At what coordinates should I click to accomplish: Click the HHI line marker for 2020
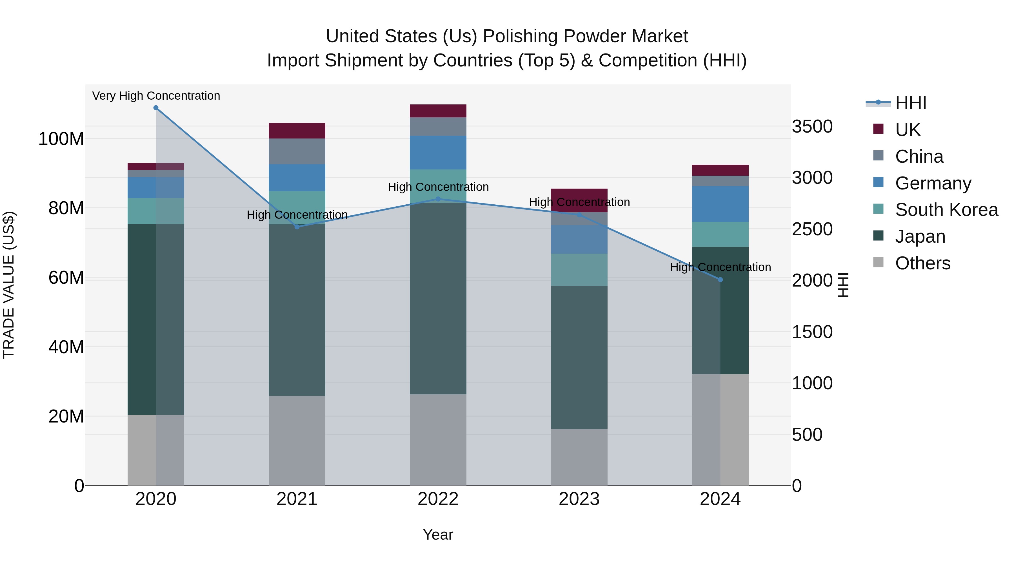156,108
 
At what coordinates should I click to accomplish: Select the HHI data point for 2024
720,280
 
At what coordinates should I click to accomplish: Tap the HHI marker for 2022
438,199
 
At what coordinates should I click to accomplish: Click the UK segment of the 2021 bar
297,131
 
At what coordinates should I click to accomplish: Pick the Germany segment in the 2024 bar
720,204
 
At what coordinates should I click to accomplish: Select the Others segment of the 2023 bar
579,457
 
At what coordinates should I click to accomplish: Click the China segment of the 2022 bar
438,127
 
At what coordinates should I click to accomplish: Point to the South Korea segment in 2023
579,270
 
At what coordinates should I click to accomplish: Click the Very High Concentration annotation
156,96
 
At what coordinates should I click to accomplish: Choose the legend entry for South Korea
946,210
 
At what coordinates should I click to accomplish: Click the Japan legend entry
920,236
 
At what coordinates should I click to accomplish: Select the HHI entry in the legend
910,103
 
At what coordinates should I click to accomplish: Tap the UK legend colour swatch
878,129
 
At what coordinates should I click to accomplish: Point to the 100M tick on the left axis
61,139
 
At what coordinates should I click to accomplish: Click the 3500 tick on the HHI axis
812,127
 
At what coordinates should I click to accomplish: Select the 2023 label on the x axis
579,499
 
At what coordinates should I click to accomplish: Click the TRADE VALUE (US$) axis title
9,285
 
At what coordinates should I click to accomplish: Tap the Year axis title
438,535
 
